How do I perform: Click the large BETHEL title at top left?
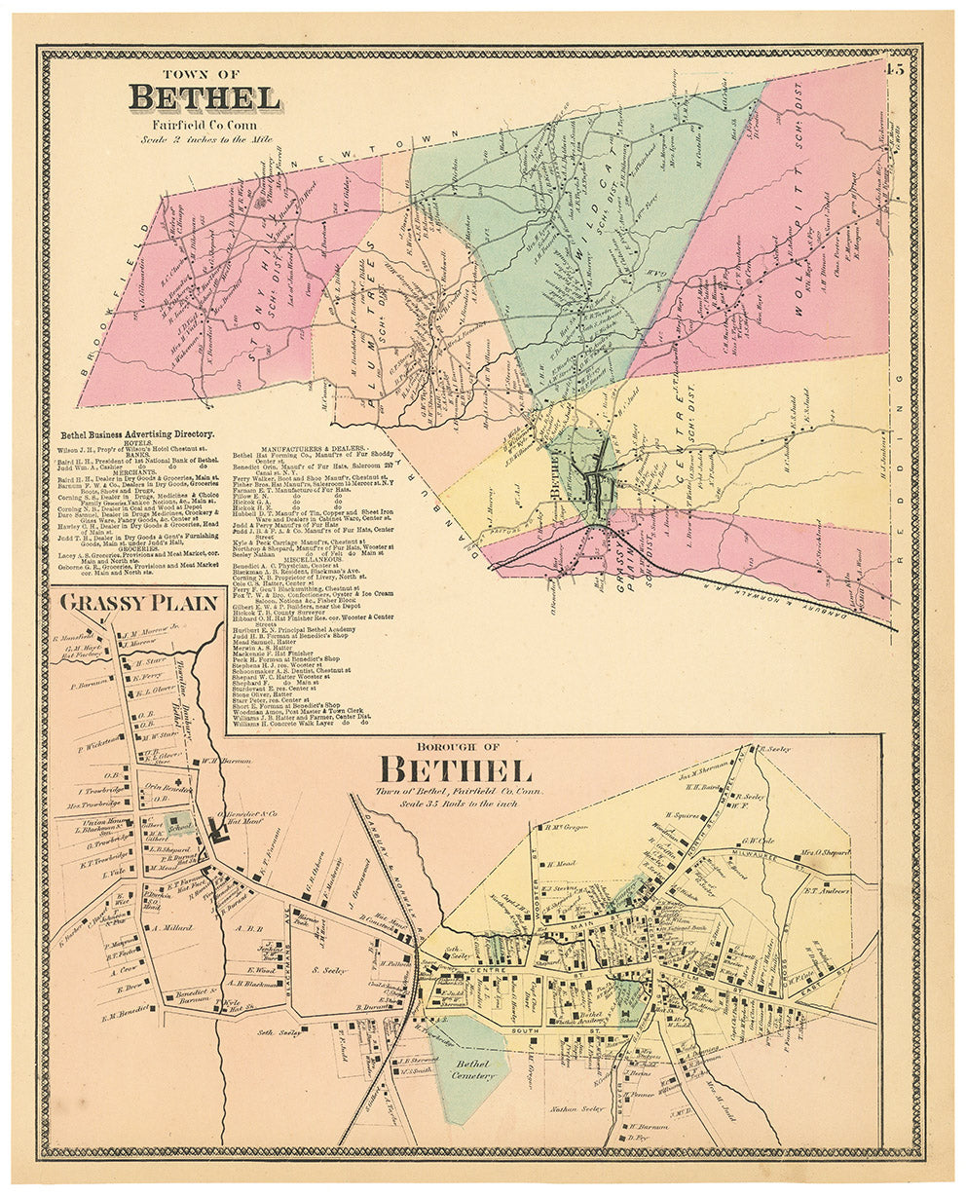pyautogui.click(x=204, y=98)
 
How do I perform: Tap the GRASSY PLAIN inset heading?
pyautogui.click(x=138, y=602)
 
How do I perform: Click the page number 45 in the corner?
pyautogui.click(x=895, y=67)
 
